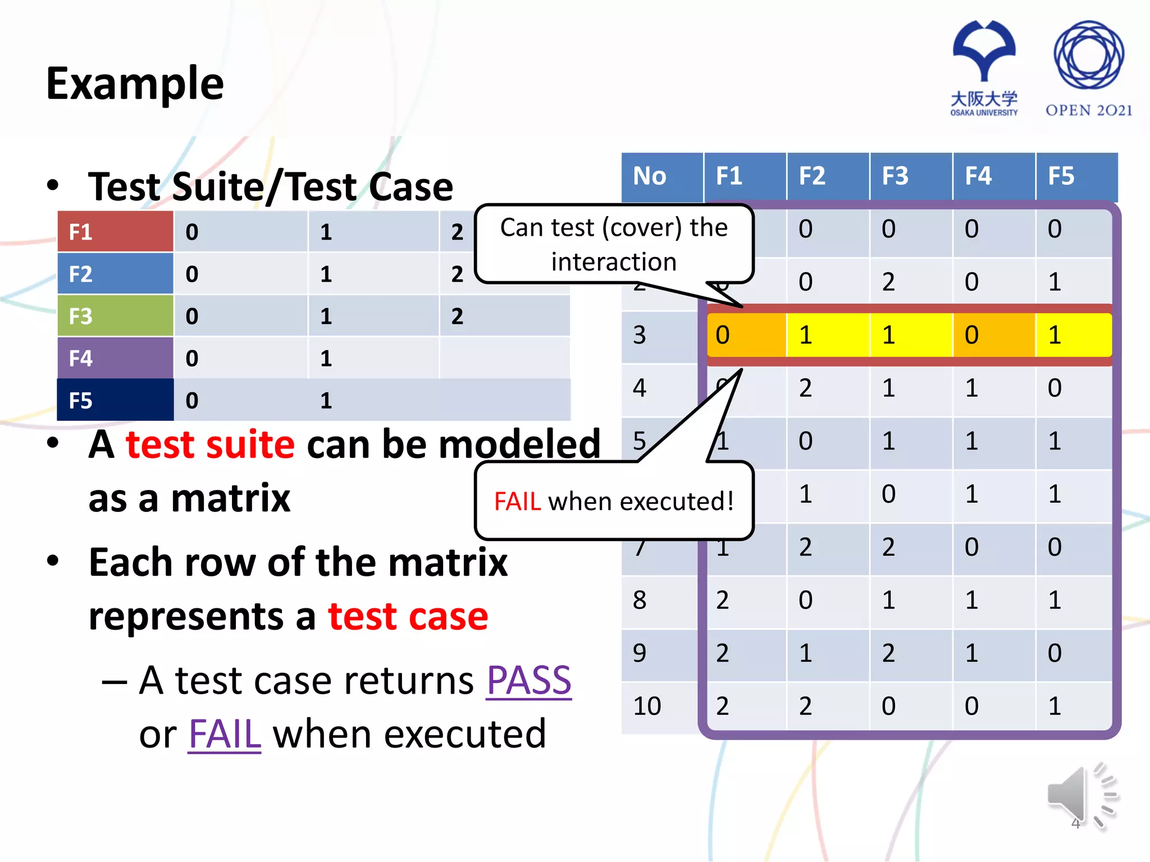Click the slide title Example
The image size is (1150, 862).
[x=135, y=84]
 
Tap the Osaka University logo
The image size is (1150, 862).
[x=984, y=67]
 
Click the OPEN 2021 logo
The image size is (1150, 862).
[x=1088, y=67]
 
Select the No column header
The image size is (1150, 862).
[x=650, y=176]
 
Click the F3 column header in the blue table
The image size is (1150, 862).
[x=895, y=176]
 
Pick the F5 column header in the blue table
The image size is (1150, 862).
[x=1061, y=176]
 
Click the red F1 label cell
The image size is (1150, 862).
[x=115, y=232]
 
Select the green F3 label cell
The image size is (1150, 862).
[x=115, y=316]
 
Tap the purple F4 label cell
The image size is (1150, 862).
[x=115, y=358]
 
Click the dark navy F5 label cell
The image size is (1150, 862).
[x=115, y=400]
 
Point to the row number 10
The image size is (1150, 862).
[x=647, y=706]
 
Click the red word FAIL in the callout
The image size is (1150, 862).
[x=517, y=501]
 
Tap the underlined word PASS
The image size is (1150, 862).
[x=528, y=681]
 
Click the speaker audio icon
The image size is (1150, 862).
[x=1081, y=796]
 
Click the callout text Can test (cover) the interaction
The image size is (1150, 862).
[x=614, y=244]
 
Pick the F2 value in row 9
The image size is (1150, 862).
[x=806, y=653]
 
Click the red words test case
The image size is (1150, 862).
[x=408, y=616]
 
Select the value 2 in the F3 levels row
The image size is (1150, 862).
[x=458, y=316]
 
